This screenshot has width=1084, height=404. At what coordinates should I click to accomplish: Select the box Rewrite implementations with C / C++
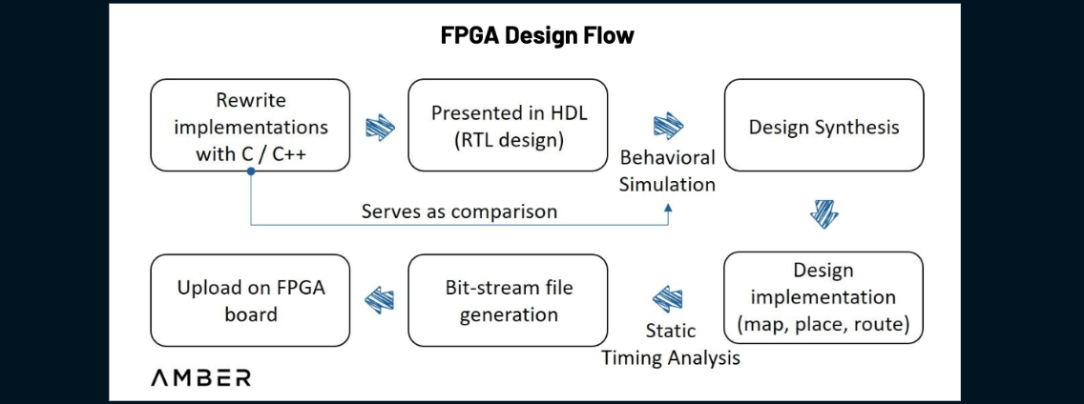click(250, 126)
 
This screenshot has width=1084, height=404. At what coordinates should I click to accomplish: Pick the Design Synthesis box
click(823, 126)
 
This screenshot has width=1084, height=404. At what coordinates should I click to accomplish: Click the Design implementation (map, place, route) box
click(823, 298)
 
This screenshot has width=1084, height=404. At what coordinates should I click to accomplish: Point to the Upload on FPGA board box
click(250, 300)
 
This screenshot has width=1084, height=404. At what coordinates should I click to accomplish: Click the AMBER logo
click(201, 378)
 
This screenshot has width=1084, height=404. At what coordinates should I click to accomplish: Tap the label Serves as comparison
click(458, 212)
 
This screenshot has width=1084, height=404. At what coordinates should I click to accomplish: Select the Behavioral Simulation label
click(667, 170)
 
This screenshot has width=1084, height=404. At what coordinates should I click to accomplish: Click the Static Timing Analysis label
click(671, 344)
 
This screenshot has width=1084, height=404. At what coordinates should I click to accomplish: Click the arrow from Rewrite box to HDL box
click(379, 127)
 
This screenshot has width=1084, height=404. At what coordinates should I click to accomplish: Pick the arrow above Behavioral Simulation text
click(665, 126)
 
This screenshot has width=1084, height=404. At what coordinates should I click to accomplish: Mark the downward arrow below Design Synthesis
click(823, 213)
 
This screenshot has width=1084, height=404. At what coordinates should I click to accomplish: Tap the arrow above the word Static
click(668, 299)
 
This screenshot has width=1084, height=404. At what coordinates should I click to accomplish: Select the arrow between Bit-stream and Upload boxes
click(379, 300)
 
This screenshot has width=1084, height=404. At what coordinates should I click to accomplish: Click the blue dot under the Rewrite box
click(250, 172)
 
